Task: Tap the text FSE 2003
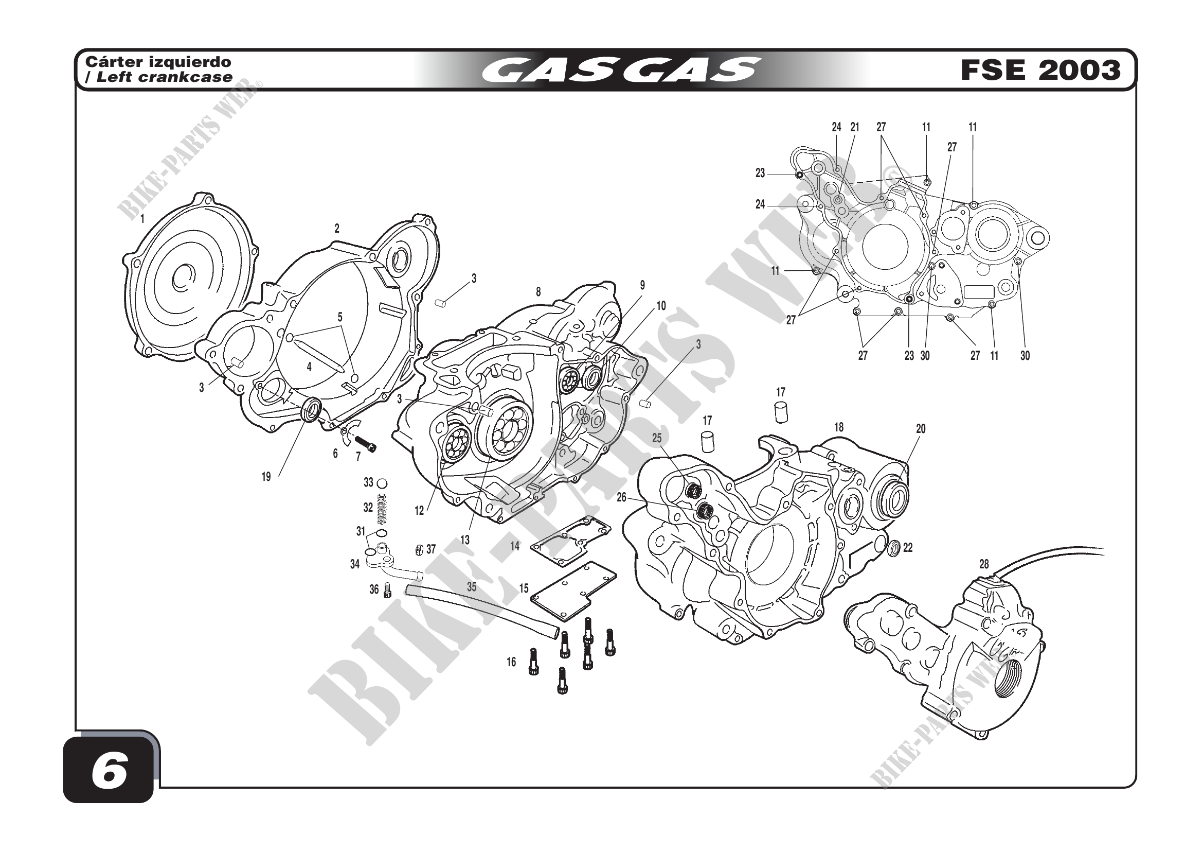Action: tap(1040, 70)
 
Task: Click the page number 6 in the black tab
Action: tap(109, 773)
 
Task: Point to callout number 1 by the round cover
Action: tap(142, 219)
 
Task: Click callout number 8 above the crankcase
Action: tap(538, 292)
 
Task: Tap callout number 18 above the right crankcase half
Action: tap(839, 427)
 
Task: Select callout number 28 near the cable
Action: tap(984, 564)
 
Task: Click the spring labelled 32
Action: tap(383, 508)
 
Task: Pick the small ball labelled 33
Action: tap(383, 482)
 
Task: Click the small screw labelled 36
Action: tap(388, 591)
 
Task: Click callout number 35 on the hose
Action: tap(472, 587)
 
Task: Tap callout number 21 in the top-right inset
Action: tap(855, 127)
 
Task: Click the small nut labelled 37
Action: tap(418, 549)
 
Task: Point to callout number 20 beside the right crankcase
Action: tap(921, 429)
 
